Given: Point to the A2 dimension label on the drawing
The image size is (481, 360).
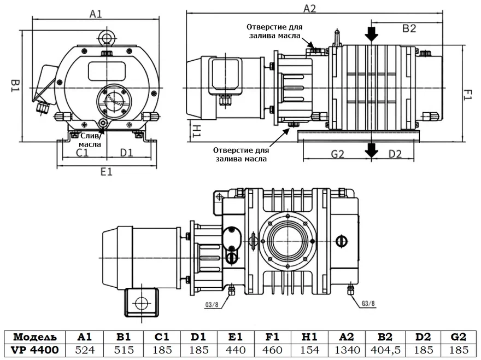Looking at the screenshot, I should pos(309,8).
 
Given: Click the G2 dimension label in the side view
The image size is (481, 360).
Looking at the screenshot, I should pos(337,154).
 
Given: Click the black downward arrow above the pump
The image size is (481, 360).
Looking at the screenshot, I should pos(372,34).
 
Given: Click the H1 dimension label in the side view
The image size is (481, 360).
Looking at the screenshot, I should pos(197,130).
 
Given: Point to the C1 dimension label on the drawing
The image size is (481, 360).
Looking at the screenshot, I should pos(82,153).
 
